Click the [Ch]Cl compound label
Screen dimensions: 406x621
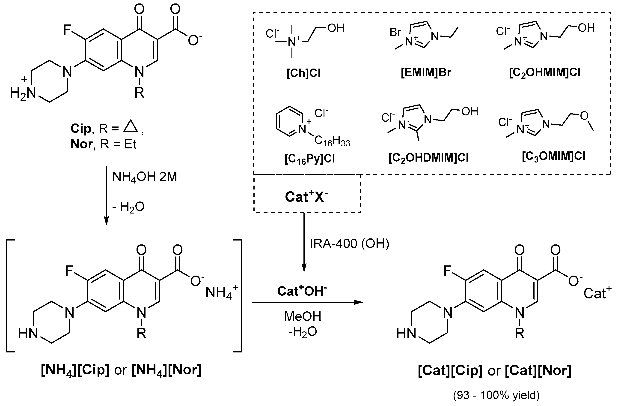tap(303, 73)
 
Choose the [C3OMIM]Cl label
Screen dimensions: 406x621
tap(553, 156)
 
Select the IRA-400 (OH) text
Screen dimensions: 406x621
tap(349, 244)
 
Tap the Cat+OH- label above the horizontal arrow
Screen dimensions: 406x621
tap(302, 291)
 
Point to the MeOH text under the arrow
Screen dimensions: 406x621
tap(303, 316)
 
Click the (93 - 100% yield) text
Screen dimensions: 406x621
tap(496, 396)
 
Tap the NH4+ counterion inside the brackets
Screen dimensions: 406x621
tap(221, 292)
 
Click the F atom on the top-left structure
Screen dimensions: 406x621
tap(68, 30)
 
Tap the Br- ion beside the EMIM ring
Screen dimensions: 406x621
tap(396, 32)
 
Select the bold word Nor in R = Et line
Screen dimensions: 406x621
tap(81, 144)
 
